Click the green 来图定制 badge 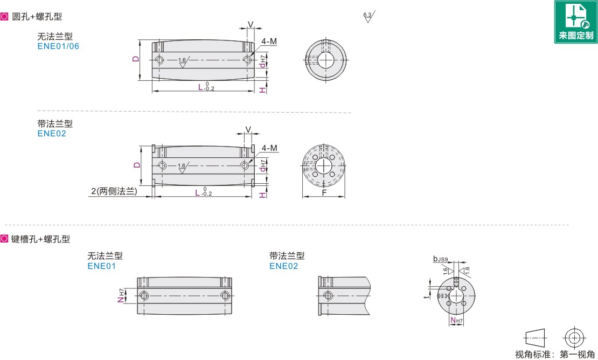pos(576,22)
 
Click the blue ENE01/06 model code pos(58,46)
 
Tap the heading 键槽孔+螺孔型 pos(41,239)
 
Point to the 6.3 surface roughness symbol pos(368,16)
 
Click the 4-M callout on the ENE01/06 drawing pos(269,41)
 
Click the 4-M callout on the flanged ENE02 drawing pos(269,148)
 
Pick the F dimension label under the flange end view pos(324,192)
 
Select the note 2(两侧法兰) pos(114,191)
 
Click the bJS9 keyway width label pos(441,259)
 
